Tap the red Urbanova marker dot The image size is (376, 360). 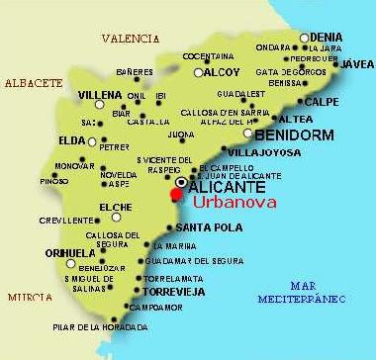177,195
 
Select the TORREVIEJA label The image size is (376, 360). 177,293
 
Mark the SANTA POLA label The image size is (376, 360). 201,226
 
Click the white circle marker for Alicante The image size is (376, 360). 181,183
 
